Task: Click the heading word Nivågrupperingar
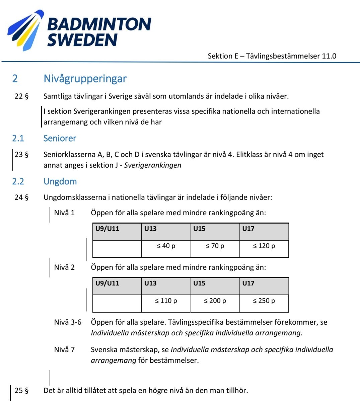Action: point(85,79)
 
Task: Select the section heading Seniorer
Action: point(60,138)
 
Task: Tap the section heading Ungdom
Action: point(60,181)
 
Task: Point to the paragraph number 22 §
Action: point(21,96)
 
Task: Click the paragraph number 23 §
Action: point(21,155)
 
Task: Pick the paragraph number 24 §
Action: point(21,197)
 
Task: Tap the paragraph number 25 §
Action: point(21,390)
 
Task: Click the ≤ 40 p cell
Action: point(166,246)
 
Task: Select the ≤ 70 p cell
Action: point(215,246)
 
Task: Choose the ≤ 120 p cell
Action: point(264,246)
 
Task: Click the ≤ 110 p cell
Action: point(166,301)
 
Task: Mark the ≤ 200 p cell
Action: point(215,301)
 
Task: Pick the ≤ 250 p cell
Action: point(264,301)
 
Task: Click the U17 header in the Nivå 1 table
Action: point(248,229)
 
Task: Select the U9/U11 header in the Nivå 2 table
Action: point(107,283)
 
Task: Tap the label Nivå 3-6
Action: point(68,322)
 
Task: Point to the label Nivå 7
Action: point(64,350)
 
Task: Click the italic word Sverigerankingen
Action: point(153,165)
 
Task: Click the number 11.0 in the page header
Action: point(329,56)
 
